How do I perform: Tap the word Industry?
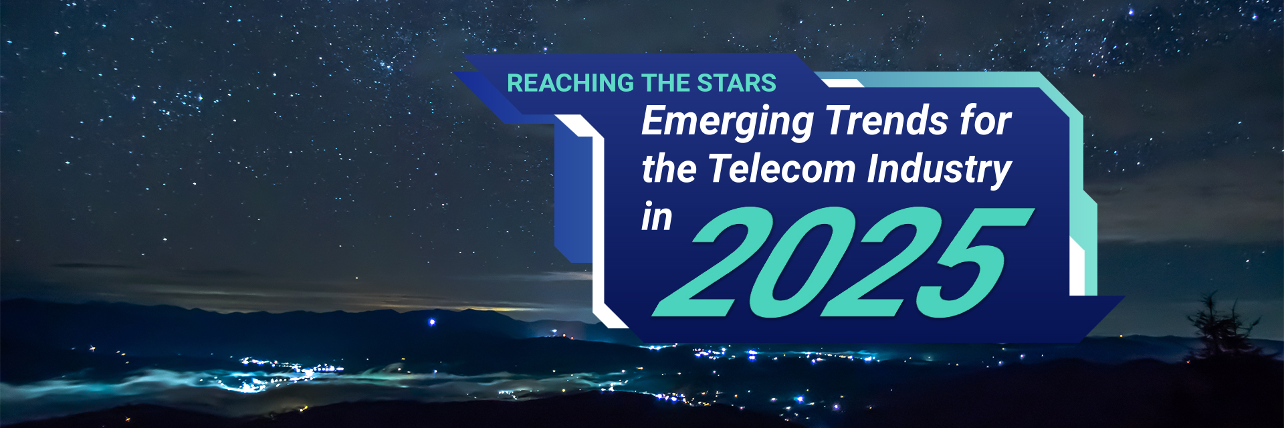pyautogui.click(x=940, y=170)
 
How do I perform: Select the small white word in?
pyautogui.click(x=657, y=217)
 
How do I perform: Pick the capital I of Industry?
pyautogui.click(x=874, y=168)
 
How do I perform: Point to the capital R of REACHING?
pyautogui.click(x=515, y=83)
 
